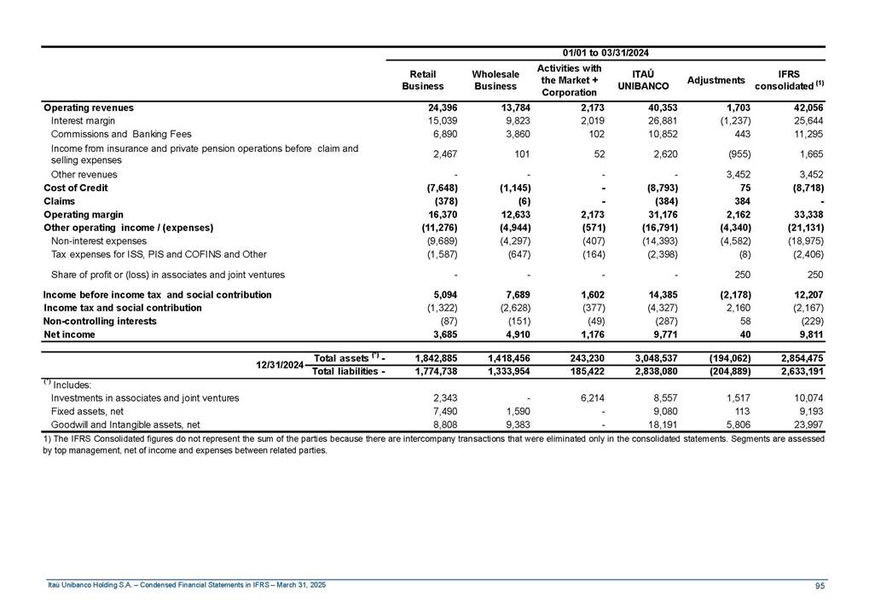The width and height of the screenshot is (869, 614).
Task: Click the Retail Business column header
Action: (423, 80)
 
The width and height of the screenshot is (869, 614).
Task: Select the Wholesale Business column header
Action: (495, 80)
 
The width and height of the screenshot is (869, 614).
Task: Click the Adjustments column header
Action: (716, 80)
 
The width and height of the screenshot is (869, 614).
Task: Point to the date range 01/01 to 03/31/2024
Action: (606, 54)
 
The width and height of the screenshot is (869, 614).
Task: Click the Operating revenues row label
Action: (89, 108)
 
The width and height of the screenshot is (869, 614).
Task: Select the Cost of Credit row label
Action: (76, 188)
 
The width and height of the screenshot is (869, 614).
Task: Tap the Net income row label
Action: (70, 335)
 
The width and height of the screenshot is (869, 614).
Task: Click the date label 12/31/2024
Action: (281, 365)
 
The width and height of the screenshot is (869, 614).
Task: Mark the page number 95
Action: (819, 585)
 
